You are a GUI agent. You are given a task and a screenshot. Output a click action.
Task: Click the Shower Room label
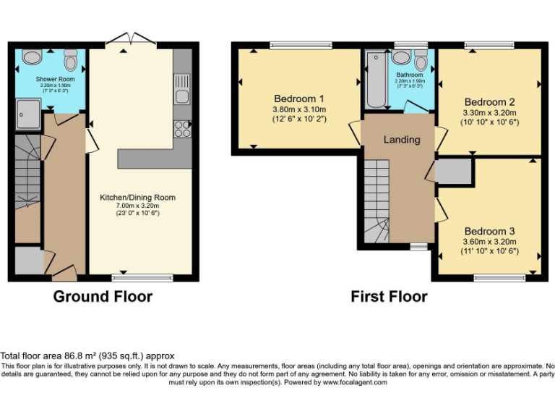(55, 79)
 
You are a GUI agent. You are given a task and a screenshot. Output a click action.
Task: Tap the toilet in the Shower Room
(71, 59)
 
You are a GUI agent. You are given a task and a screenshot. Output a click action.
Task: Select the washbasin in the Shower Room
(32, 56)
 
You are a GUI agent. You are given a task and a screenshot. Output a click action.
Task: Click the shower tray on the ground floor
(28, 114)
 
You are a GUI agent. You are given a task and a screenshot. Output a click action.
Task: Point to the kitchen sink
(182, 89)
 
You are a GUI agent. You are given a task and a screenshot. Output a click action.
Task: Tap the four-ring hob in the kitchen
(182, 129)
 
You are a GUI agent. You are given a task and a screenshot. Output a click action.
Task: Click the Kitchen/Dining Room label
(138, 198)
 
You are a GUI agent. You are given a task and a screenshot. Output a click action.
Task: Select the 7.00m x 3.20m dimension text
(138, 206)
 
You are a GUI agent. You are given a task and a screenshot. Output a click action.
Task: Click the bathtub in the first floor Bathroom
(377, 80)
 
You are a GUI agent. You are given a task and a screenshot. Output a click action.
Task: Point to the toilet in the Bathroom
(421, 60)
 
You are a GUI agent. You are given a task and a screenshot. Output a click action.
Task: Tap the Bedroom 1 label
(299, 98)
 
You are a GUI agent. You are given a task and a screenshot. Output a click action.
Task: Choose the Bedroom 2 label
(490, 102)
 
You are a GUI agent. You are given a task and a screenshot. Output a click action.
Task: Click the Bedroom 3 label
(490, 231)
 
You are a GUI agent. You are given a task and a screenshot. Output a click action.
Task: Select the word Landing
(402, 140)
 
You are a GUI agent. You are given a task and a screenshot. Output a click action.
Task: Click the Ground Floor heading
(103, 296)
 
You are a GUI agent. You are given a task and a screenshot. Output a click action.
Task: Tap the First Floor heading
(389, 296)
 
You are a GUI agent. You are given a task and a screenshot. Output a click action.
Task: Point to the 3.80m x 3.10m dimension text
(299, 109)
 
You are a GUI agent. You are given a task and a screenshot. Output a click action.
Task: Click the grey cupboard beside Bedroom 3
(455, 172)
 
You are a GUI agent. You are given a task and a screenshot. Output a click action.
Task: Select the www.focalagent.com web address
(354, 382)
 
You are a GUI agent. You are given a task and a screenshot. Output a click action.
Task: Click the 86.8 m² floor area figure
(81, 356)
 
